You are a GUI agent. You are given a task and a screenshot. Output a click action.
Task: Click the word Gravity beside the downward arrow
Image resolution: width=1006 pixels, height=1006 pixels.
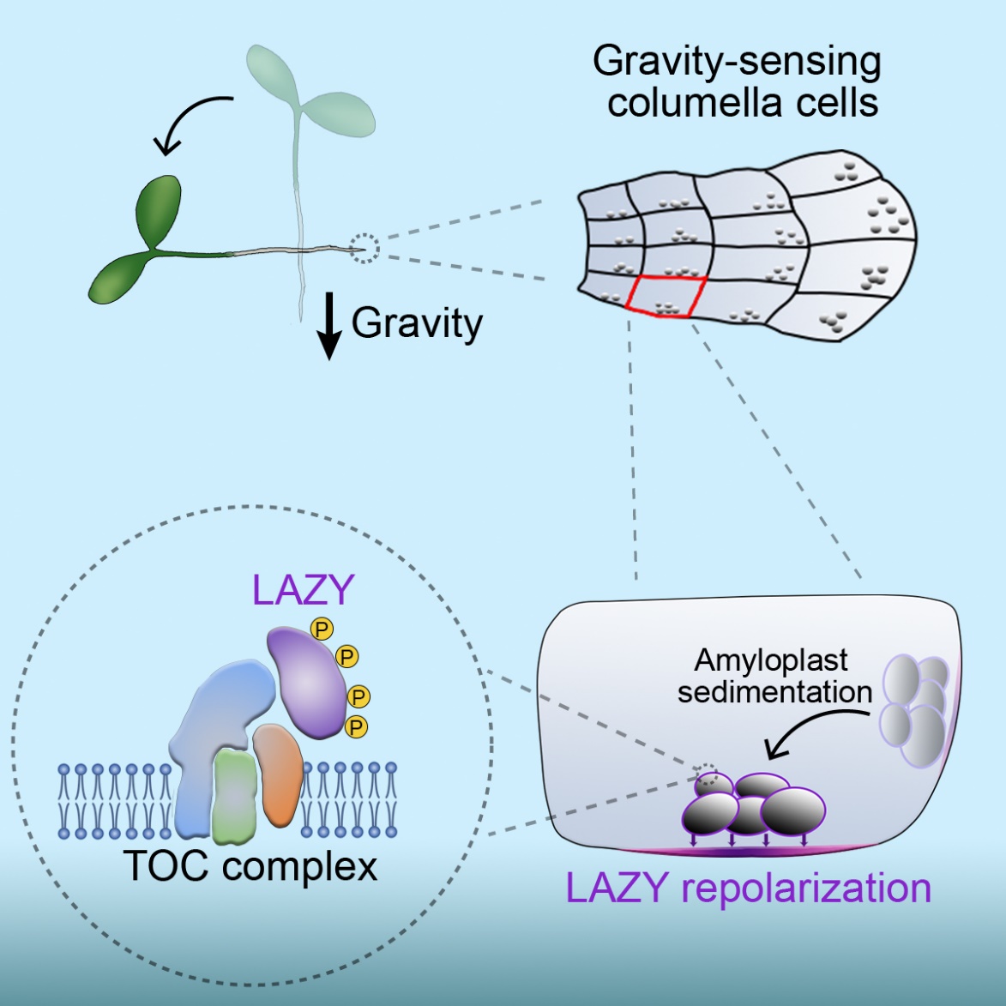tap(417, 323)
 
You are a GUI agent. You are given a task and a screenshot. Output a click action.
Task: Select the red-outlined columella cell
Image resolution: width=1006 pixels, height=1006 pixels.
tap(667, 297)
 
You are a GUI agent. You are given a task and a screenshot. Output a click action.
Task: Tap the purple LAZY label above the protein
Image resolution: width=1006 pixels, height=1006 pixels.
tap(303, 591)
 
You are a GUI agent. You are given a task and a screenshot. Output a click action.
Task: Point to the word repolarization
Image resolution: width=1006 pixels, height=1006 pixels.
tap(806, 888)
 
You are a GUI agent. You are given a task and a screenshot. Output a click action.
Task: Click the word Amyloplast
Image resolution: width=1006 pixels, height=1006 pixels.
tap(771, 660)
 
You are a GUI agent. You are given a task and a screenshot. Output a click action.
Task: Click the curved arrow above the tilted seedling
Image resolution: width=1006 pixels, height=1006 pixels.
tap(191, 120)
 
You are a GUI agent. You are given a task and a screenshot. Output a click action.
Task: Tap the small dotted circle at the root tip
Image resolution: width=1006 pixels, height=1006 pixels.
tap(366, 249)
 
